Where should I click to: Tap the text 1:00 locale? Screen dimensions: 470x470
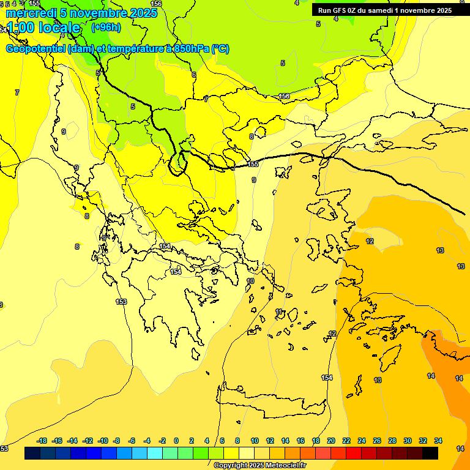(x=43, y=28)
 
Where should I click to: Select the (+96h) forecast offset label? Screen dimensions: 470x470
(x=106, y=27)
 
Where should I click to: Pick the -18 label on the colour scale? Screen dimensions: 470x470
(x=42, y=441)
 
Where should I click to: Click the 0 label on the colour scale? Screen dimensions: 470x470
(x=176, y=441)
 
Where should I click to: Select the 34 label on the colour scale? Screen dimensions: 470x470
(x=438, y=441)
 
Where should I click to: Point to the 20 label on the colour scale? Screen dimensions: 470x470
(x=331, y=441)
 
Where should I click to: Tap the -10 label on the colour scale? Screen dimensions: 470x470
(x=103, y=441)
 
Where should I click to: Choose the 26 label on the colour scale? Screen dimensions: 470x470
(x=377, y=441)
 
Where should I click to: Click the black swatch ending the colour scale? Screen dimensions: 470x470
(x=430, y=453)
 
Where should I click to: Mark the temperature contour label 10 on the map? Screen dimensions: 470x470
(x=250, y=281)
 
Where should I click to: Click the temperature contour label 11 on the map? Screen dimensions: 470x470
(x=279, y=312)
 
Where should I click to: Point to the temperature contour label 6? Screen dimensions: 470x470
(x=194, y=75)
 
